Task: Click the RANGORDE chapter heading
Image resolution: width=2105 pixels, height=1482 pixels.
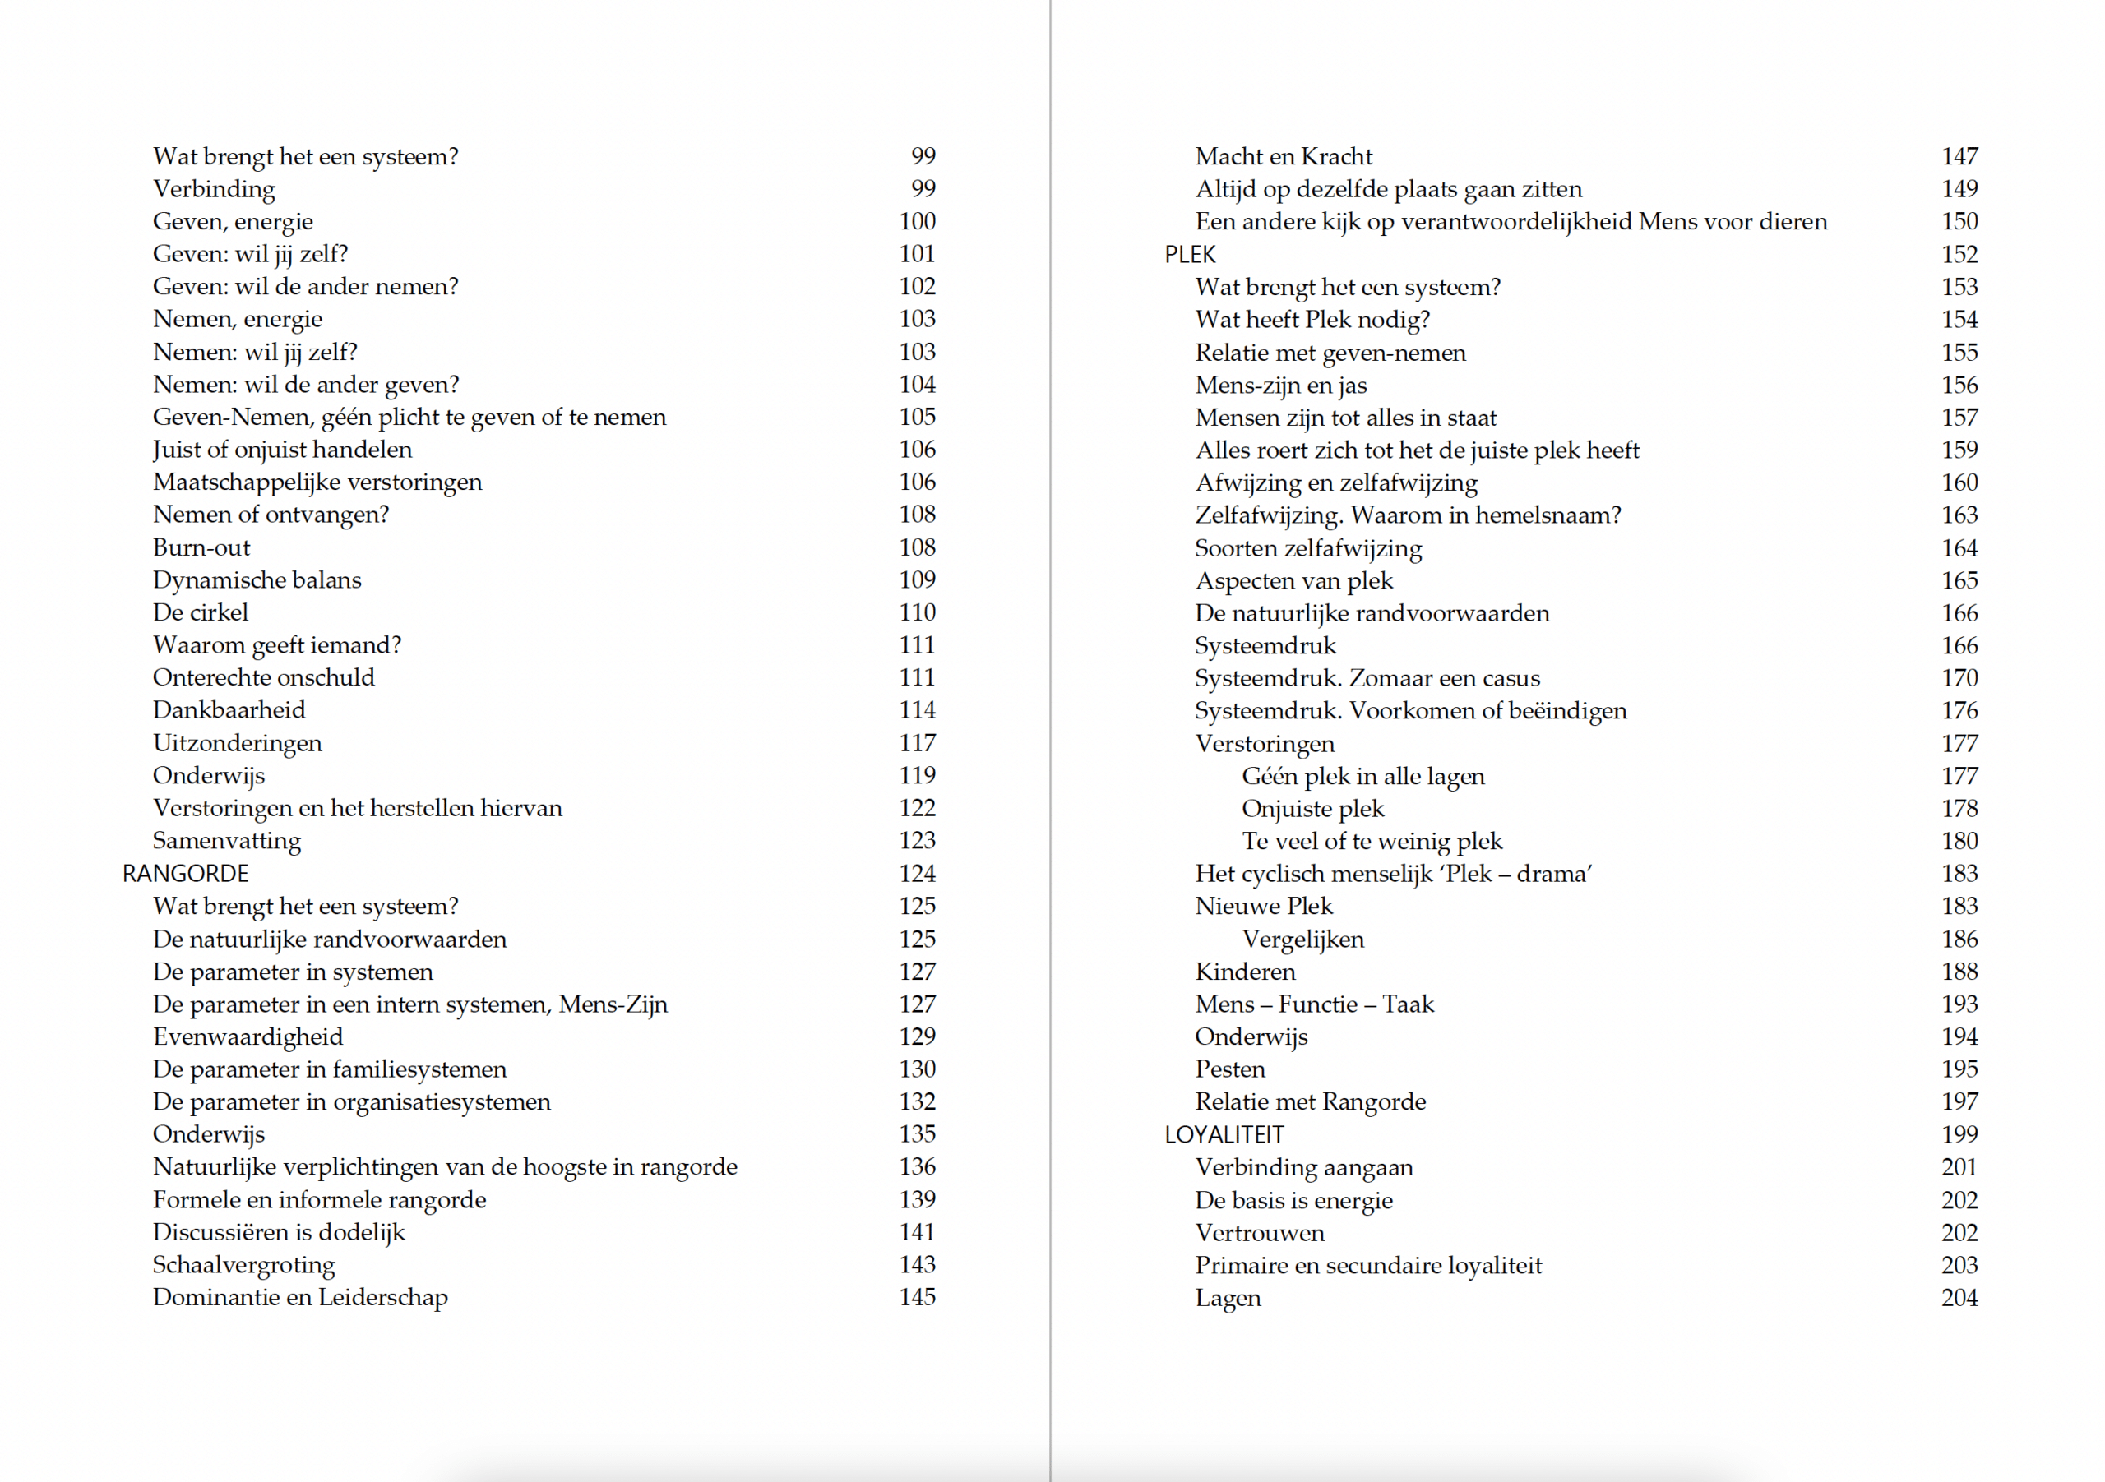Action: tap(185, 874)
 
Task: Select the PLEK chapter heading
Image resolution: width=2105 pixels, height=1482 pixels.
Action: tap(1190, 255)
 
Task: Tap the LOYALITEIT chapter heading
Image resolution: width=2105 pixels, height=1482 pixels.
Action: tap(1224, 1134)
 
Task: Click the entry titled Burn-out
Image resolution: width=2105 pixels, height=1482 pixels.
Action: tap(201, 547)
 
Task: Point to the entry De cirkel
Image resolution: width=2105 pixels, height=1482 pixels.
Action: tap(200, 612)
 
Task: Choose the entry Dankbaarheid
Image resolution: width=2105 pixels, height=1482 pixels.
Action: tap(229, 709)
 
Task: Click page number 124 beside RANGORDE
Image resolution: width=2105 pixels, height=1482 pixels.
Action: tap(917, 874)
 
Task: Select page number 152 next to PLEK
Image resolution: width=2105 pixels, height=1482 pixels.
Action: tap(1959, 255)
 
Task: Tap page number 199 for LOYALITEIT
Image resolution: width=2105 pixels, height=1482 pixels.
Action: tap(1959, 1134)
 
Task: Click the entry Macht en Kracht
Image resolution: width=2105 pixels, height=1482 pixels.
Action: tap(1284, 157)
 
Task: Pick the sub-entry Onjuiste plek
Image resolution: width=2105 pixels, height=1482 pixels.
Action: tap(1313, 808)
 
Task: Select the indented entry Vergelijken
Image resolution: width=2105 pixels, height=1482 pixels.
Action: tap(1302, 940)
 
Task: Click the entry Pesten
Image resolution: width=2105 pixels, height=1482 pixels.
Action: tap(1229, 1069)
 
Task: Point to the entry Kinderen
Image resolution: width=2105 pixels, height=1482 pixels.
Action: tap(1245, 972)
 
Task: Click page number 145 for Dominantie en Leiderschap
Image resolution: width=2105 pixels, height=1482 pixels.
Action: tap(917, 1297)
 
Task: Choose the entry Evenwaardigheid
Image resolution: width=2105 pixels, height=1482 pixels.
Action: tap(248, 1036)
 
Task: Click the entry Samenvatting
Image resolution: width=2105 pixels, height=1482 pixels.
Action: tap(226, 840)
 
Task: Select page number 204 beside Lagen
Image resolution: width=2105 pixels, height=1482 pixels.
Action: tap(1959, 1298)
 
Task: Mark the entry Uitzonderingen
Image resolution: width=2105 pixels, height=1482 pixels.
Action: tap(237, 742)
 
